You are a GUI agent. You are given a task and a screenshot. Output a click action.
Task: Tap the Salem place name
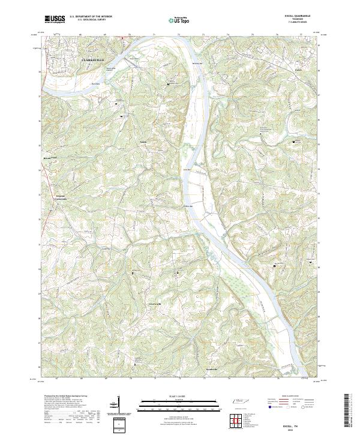point(143,142)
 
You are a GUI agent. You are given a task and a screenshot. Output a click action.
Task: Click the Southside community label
point(211,368)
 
